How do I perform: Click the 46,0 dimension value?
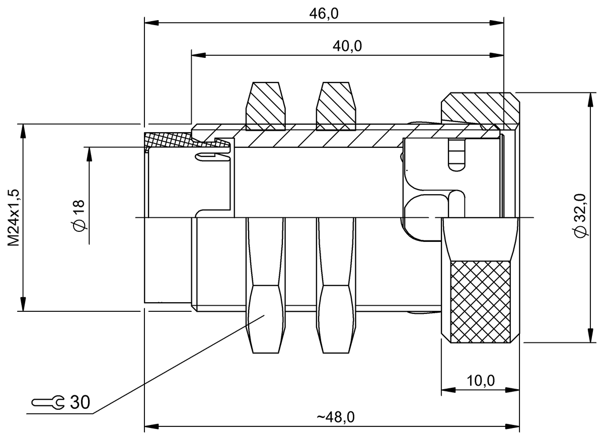(x=324, y=14)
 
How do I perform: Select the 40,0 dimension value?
(x=347, y=46)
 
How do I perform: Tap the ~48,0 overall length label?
(x=336, y=417)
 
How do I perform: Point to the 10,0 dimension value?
(x=480, y=381)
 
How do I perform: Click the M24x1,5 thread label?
(x=14, y=217)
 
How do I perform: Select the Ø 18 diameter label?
(x=79, y=216)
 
